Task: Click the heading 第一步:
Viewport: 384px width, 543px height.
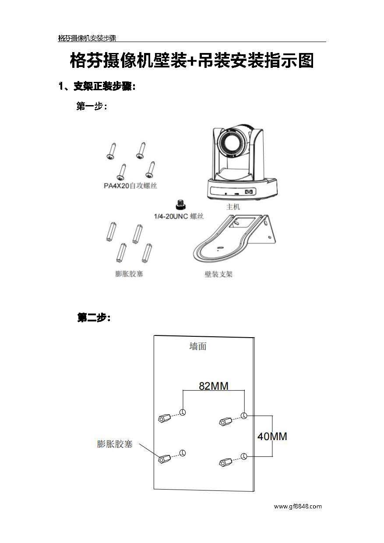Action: point(92,106)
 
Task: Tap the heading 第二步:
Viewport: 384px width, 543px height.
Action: point(94,318)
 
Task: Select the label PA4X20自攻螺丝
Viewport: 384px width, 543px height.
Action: point(130,186)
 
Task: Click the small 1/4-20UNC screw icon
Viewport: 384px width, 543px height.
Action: point(179,205)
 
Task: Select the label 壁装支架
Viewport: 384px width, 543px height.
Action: point(218,275)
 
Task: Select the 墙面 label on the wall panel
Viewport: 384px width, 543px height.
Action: point(197,346)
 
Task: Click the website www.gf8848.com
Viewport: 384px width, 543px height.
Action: point(298,506)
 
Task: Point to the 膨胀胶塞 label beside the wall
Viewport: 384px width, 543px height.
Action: point(114,444)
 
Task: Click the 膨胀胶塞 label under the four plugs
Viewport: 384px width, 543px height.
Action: point(129,274)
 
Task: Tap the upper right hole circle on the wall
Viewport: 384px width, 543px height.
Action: point(244,415)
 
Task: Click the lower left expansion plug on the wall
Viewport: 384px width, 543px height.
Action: point(164,458)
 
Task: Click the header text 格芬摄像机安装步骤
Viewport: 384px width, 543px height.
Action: point(87,38)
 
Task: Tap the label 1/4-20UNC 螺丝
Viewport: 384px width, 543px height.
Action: point(179,216)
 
